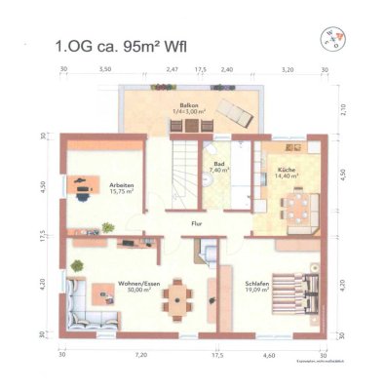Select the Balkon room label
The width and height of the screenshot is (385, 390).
tap(186, 107)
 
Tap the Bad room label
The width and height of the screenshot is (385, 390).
tap(218, 166)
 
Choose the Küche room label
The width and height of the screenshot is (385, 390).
tap(286, 167)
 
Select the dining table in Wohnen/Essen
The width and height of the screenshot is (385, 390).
tap(177, 292)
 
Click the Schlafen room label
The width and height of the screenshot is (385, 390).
tap(257, 285)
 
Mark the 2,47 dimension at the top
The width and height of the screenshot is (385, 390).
tap(172, 70)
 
